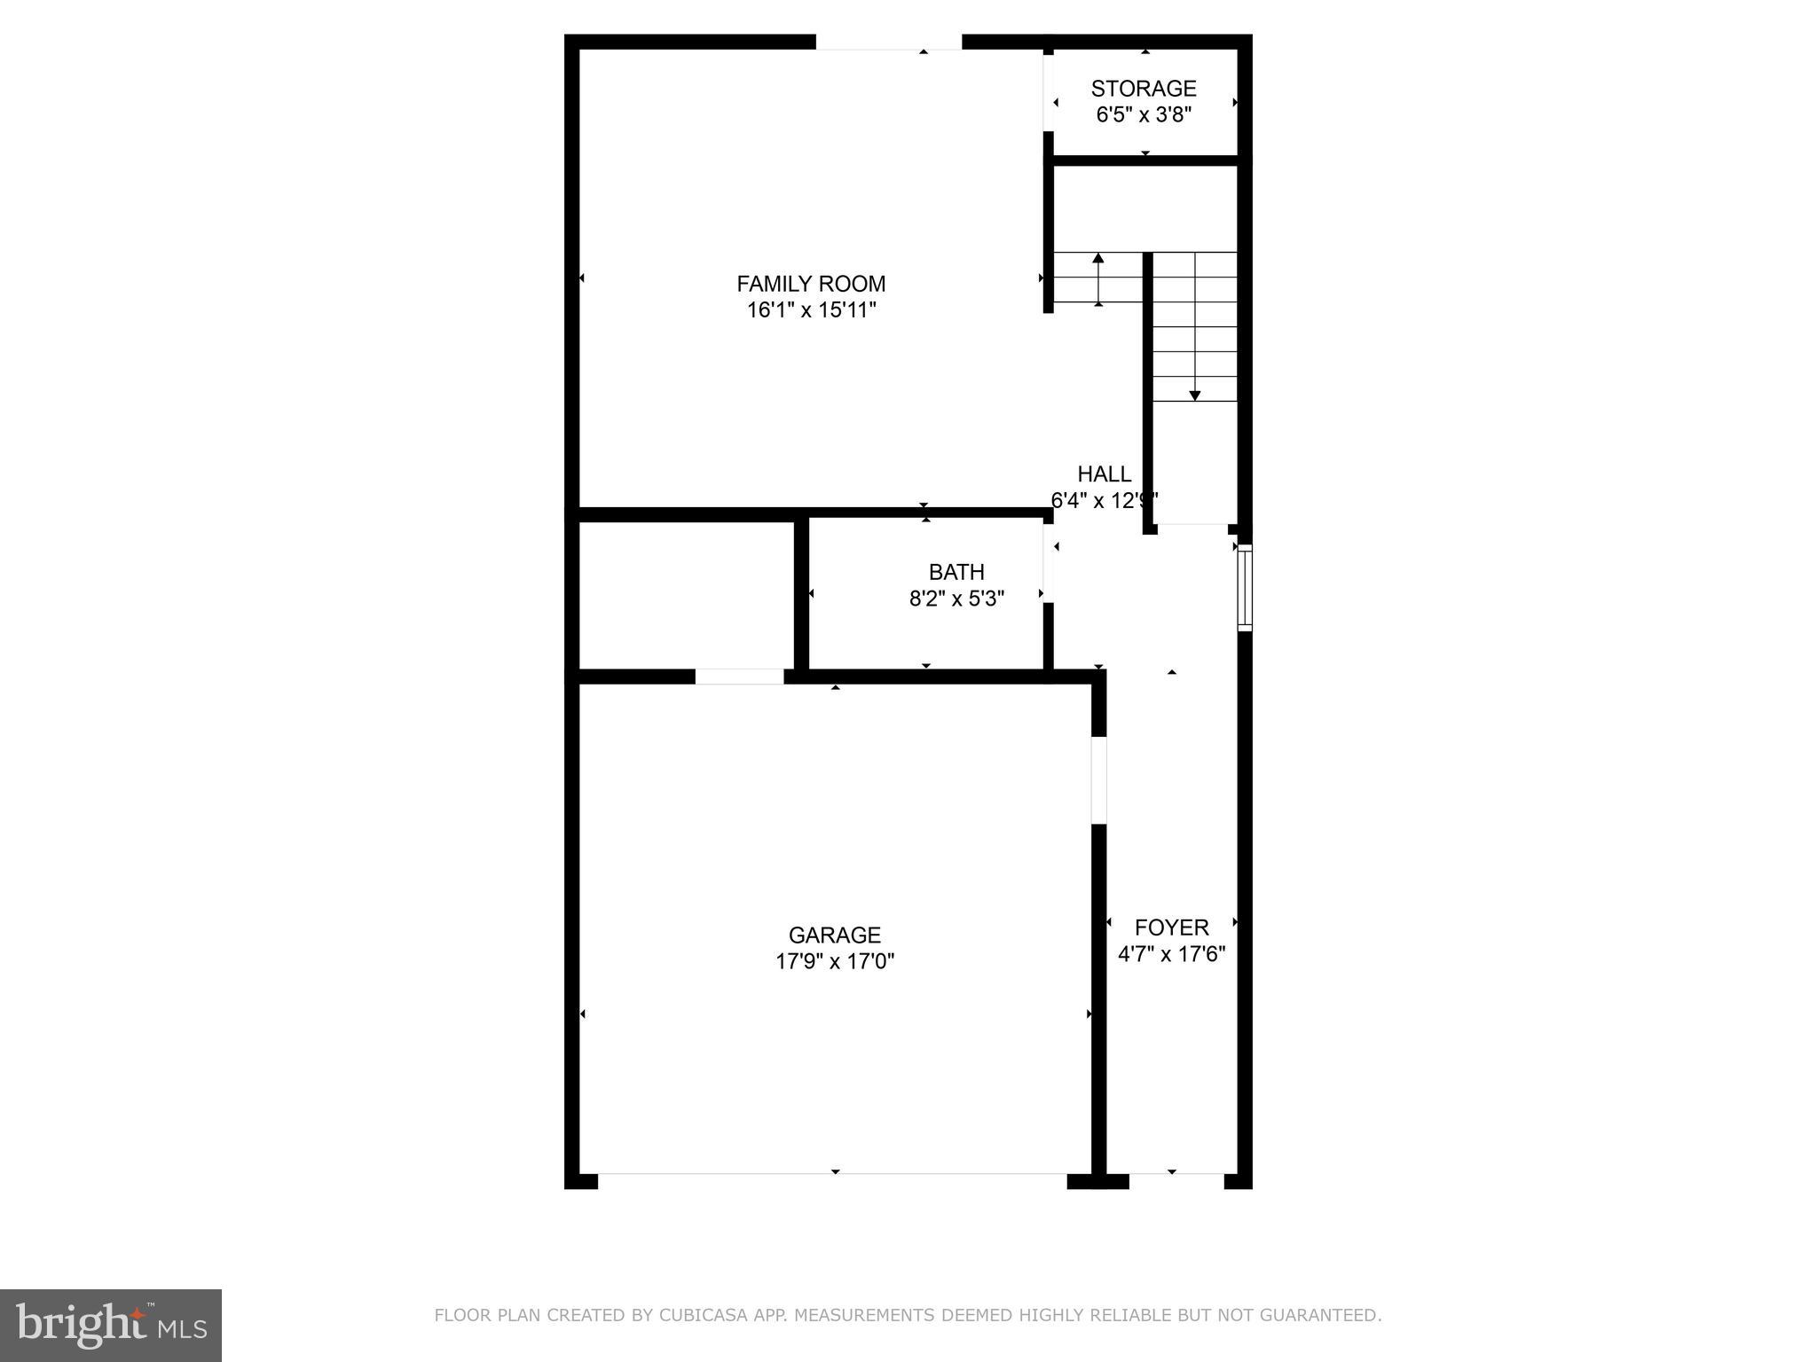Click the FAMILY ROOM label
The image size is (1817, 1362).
pyautogui.click(x=811, y=284)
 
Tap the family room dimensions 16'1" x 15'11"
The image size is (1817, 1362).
pyautogui.click(x=811, y=310)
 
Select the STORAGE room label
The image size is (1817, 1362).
pyautogui.click(x=1144, y=89)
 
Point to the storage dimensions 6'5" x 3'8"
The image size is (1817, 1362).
pyautogui.click(x=1144, y=114)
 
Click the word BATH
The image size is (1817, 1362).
pyautogui.click(x=956, y=572)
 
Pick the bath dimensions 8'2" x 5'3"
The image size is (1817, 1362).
pyautogui.click(x=956, y=599)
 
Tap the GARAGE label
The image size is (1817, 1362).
pyautogui.click(x=834, y=935)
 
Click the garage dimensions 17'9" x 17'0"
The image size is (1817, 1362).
pyautogui.click(x=834, y=961)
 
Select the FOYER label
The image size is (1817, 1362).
pyautogui.click(x=1171, y=928)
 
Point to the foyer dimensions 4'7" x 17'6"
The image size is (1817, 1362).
pyautogui.click(x=1171, y=954)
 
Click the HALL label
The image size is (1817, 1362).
pyautogui.click(x=1104, y=474)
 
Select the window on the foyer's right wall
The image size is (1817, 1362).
pyautogui.click(x=1245, y=588)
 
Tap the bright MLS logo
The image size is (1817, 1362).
pyautogui.click(x=110, y=1325)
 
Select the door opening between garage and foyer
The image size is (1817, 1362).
pyautogui.click(x=1098, y=779)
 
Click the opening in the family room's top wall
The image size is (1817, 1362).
pyautogui.click(x=888, y=42)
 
